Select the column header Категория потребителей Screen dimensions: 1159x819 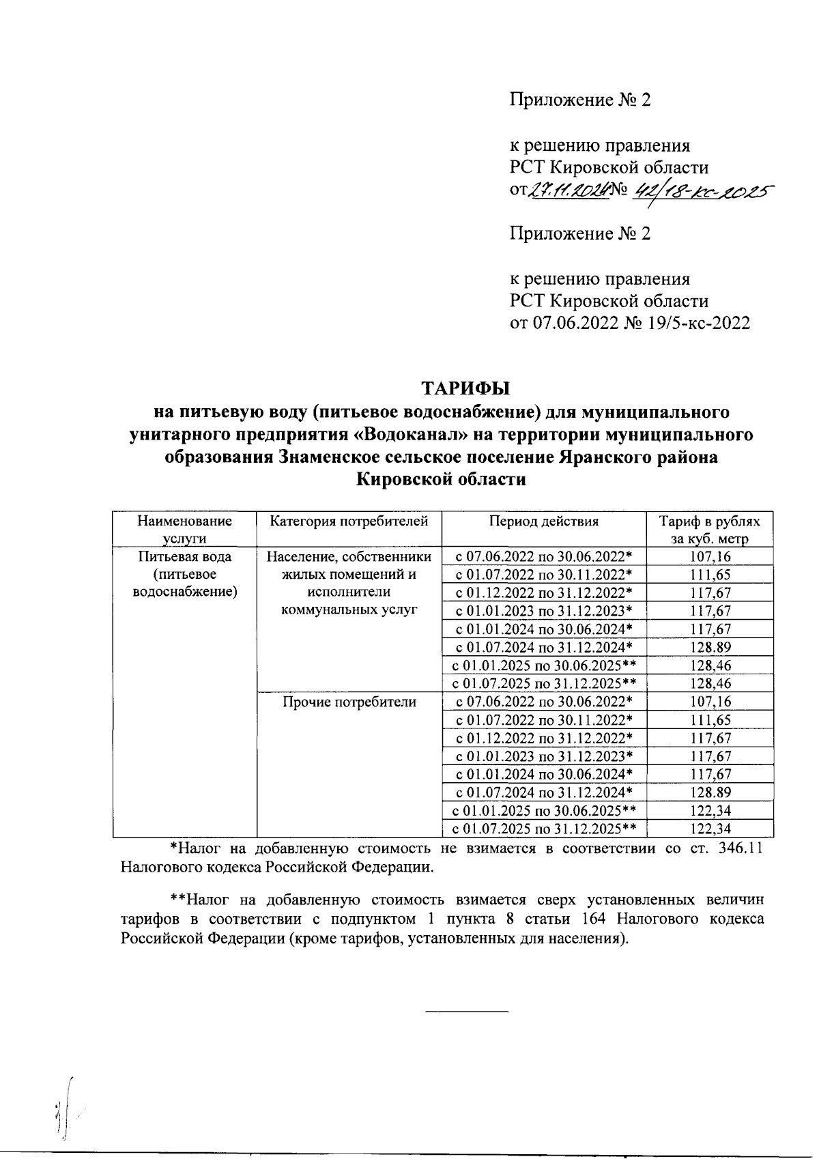tap(349, 522)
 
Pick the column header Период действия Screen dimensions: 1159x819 tap(543, 522)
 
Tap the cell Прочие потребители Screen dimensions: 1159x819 tap(349, 702)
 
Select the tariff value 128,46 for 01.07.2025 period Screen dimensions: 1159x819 tap(710, 683)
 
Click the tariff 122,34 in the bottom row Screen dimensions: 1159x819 tap(710, 829)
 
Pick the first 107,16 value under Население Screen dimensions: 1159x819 tap(710, 556)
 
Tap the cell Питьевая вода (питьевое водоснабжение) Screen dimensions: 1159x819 tap(184, 574)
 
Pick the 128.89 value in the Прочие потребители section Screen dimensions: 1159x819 tap(710, 792)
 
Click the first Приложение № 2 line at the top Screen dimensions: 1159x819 tap(580, 100)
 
